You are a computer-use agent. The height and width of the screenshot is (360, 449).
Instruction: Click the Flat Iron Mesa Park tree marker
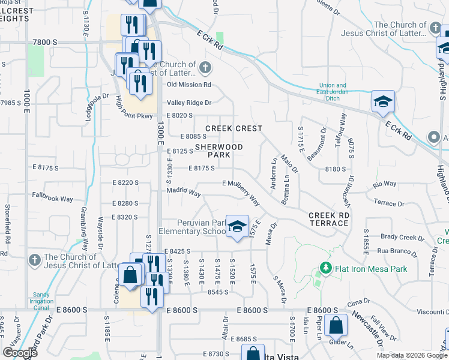tap(325, 268)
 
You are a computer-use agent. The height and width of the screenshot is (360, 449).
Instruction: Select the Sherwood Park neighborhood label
tap(219, 151)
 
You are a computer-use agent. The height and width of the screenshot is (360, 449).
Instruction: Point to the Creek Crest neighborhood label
tap(234, 128)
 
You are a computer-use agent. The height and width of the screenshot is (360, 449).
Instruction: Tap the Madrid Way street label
tap(184, 193)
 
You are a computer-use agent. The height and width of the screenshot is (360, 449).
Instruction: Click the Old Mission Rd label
tap(189, 85)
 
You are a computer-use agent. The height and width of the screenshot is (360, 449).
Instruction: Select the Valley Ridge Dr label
tap(189, 103)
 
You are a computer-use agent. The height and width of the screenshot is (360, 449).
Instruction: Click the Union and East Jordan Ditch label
tap(333, 89)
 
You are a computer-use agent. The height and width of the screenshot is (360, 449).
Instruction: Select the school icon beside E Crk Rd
tap(382, 103)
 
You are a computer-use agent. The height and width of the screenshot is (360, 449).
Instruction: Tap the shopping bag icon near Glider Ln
tap(336, 326)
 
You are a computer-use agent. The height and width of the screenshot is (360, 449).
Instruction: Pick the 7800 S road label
tap(46, 43)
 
